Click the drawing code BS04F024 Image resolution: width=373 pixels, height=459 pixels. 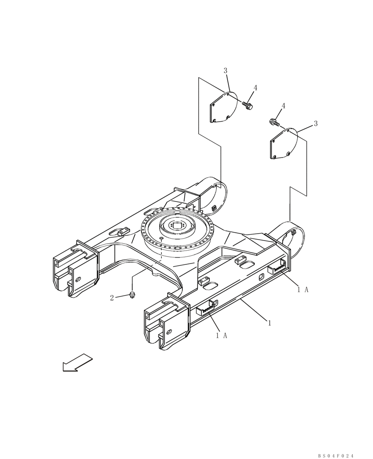tap(336, 455)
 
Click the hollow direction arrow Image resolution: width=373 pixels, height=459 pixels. tap(77, 362)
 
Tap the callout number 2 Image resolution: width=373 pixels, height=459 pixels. tap(112, 298)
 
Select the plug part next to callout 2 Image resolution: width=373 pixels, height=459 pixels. tap(132, 295)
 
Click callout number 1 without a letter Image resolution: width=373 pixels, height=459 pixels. tap(270, 323)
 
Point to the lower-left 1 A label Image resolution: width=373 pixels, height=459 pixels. tap(221, 336)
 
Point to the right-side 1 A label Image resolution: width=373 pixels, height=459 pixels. tap(302, 289)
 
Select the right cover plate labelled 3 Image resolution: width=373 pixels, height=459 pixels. tap(284, 144)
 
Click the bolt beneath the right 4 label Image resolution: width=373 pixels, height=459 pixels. tap(274, 123)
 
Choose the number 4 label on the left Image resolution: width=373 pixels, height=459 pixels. tap(255, 88)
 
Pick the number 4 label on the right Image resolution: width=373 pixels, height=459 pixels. tap(283, 106)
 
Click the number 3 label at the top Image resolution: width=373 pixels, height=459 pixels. tap(226, 70)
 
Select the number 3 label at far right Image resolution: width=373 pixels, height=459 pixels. tap(316, 123)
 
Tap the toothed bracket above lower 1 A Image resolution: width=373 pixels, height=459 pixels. tap(207, 308)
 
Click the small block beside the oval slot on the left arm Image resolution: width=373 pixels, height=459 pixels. tap(120, 234)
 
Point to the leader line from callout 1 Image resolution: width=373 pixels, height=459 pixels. tap(253, 310)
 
